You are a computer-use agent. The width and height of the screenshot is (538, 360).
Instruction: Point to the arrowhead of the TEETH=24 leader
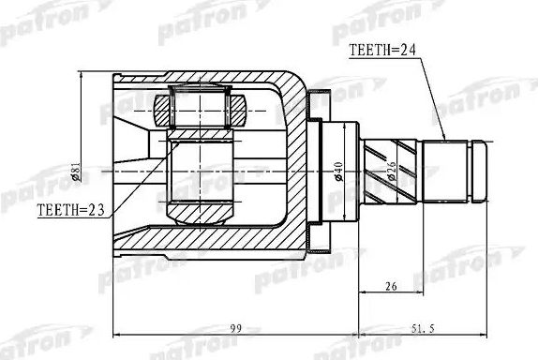[x=442, y=141]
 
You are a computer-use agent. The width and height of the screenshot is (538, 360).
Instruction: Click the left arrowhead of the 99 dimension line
[x=114, y=336]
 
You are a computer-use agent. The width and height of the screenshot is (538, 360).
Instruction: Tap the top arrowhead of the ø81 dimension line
[x=82, y=74]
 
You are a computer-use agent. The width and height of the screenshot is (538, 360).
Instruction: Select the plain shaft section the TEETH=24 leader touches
[x=447, y=170]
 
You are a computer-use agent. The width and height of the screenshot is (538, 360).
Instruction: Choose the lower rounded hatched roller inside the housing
[x=199, y=208]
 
